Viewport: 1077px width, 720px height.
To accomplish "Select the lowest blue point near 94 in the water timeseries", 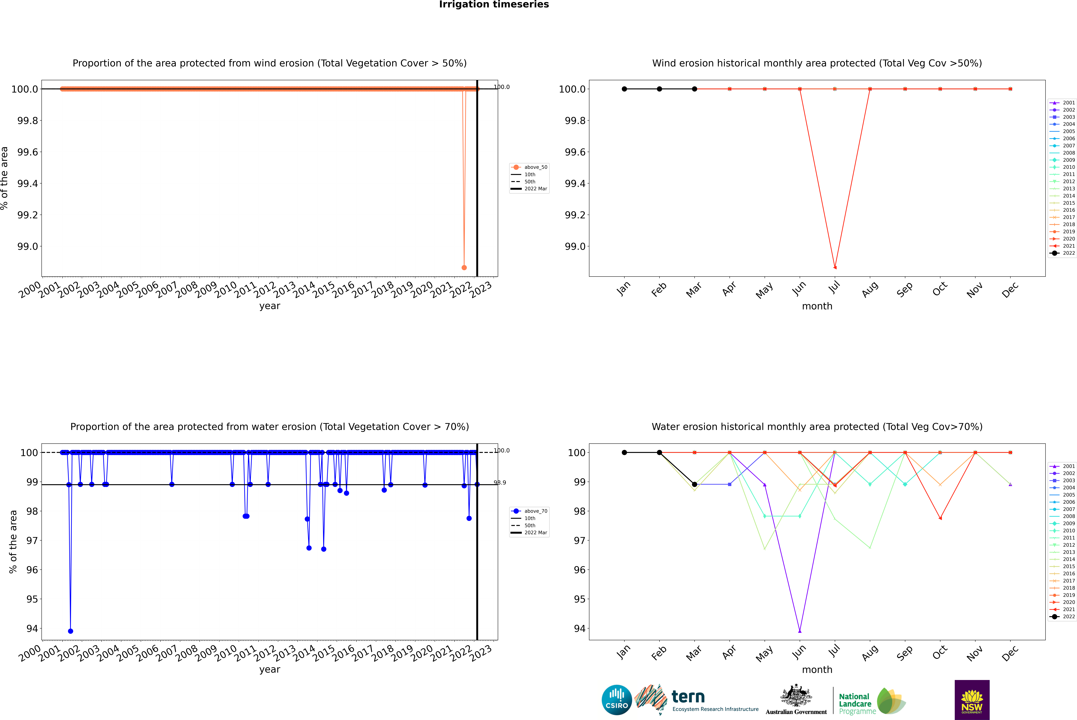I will pyautogui.click(x=70, y=631).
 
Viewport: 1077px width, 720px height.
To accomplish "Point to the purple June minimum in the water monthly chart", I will pyautogui.click(x=800, y=631).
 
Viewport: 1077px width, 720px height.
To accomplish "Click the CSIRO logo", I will pyautogui.click(x=617, y=700).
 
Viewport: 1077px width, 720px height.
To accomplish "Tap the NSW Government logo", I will pyautogui.click(x=972, y=700).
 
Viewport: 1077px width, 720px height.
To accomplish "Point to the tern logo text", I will pyautogui.click(x=688, y=697).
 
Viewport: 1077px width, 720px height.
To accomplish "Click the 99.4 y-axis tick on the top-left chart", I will pyautogui.click(x=28, y=184).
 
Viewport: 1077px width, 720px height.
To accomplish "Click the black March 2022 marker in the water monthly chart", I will pyautogui.click(x=695, y=484).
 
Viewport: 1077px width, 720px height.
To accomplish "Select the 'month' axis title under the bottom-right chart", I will pyautogui.click(x=817, y=670).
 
